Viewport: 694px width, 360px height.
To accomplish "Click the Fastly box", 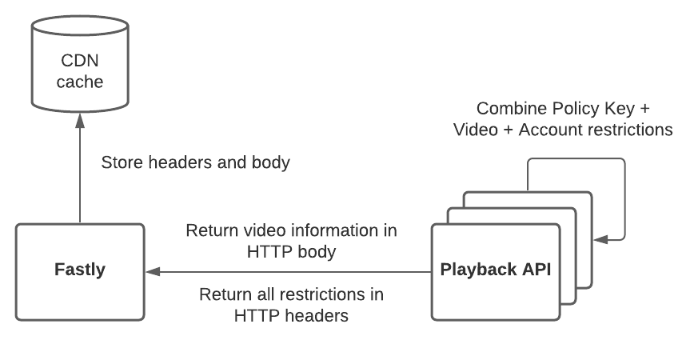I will [x=80, y=272].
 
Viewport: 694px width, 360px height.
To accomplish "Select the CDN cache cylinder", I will [x=80, y=68].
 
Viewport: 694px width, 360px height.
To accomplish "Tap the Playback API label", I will [x=496, y=270].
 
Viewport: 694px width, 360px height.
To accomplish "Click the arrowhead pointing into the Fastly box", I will [x=153, y=272].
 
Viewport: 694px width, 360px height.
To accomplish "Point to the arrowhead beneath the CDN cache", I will [x=80, y=118].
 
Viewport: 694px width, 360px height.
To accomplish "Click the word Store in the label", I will [x=121, y=162].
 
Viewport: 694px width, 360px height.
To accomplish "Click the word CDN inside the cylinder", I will [x=80, y=61].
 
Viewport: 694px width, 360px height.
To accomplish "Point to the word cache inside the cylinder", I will [x=80, y=82].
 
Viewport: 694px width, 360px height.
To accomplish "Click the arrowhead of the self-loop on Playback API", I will [x=599, y=238].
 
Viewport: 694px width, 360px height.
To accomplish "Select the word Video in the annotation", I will [x=477, y=130].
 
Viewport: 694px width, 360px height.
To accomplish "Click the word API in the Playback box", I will [x=536, y=270].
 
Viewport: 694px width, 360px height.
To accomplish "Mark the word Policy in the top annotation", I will [x=576, y=108].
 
